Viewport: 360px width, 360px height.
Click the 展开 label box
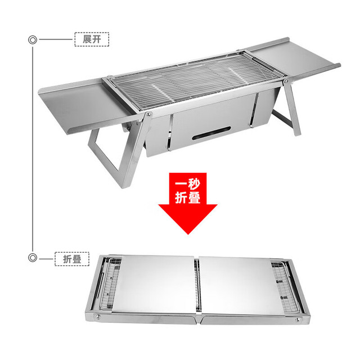click(92, 39)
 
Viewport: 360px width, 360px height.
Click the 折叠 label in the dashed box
click(72, 259)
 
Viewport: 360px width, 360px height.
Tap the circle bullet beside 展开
click(33, 40)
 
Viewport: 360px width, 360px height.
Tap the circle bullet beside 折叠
click(33, 258)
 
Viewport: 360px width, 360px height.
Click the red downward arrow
click(188, 202)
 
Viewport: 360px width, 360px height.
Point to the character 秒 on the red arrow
click(194, 183)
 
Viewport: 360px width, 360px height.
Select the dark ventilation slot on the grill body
click(211, 133)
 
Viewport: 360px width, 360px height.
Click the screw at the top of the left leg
click(148, 114)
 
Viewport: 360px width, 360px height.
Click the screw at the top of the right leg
click(286, 81)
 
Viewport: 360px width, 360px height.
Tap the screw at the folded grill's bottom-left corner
click(98, 317)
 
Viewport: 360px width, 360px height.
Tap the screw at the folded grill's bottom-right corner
click(298, 319)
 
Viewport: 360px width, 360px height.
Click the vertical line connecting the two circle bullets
click(33, 148)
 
